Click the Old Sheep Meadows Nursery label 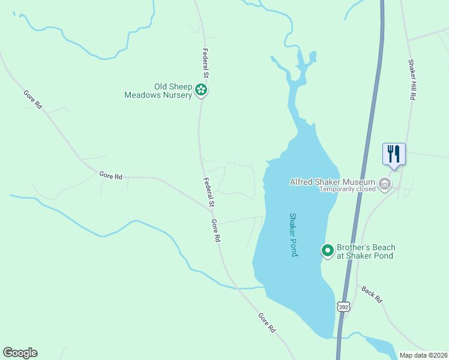158,91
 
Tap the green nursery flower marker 202,91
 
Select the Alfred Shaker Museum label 332,182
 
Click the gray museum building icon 385,183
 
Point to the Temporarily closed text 347,189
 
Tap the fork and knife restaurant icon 394,154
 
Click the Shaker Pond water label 294,235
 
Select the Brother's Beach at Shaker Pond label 366,251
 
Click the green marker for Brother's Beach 328,250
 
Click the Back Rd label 372,294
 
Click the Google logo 20,353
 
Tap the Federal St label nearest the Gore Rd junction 208,193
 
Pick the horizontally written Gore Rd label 111,176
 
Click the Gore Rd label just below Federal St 215,230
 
